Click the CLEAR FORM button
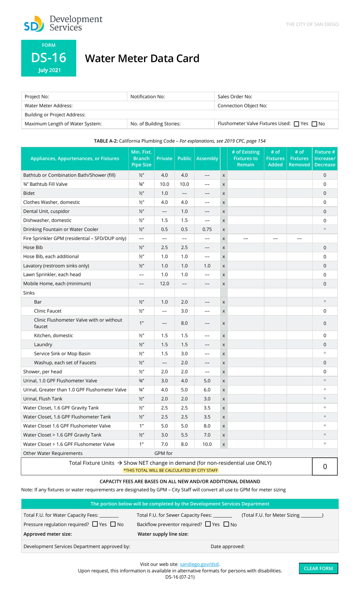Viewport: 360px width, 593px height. [x=318, y=568]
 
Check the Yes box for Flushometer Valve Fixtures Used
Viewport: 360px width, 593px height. [x=296, y=124]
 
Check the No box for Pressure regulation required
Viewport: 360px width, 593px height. [x=113, y=524]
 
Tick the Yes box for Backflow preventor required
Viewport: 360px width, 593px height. [x=208, y=524]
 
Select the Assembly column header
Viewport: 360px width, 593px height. [x=207, y=158]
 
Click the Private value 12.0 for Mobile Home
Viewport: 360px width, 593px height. [x=164, y=284]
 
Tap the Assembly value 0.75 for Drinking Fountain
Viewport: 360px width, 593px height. [x=207, y=229]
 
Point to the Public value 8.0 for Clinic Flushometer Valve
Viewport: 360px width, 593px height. [x=184, y=323]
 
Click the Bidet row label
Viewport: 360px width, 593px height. [x=29, y=193]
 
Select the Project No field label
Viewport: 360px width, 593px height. [x=37, y=97]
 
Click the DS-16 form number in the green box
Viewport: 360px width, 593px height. [x=49, y=58]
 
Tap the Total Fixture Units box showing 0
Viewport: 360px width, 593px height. [x=325, y=467]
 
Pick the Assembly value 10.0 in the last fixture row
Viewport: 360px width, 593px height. [x=207, y=444]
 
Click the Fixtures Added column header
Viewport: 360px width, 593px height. [x=275, y=158]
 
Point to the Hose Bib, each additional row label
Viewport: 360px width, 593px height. [x=51, y=257]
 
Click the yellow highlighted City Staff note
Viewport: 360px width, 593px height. [x=171, y=471]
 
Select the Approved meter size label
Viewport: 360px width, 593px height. [x=47, y=534]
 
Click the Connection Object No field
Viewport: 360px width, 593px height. [x=276, y=106]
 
